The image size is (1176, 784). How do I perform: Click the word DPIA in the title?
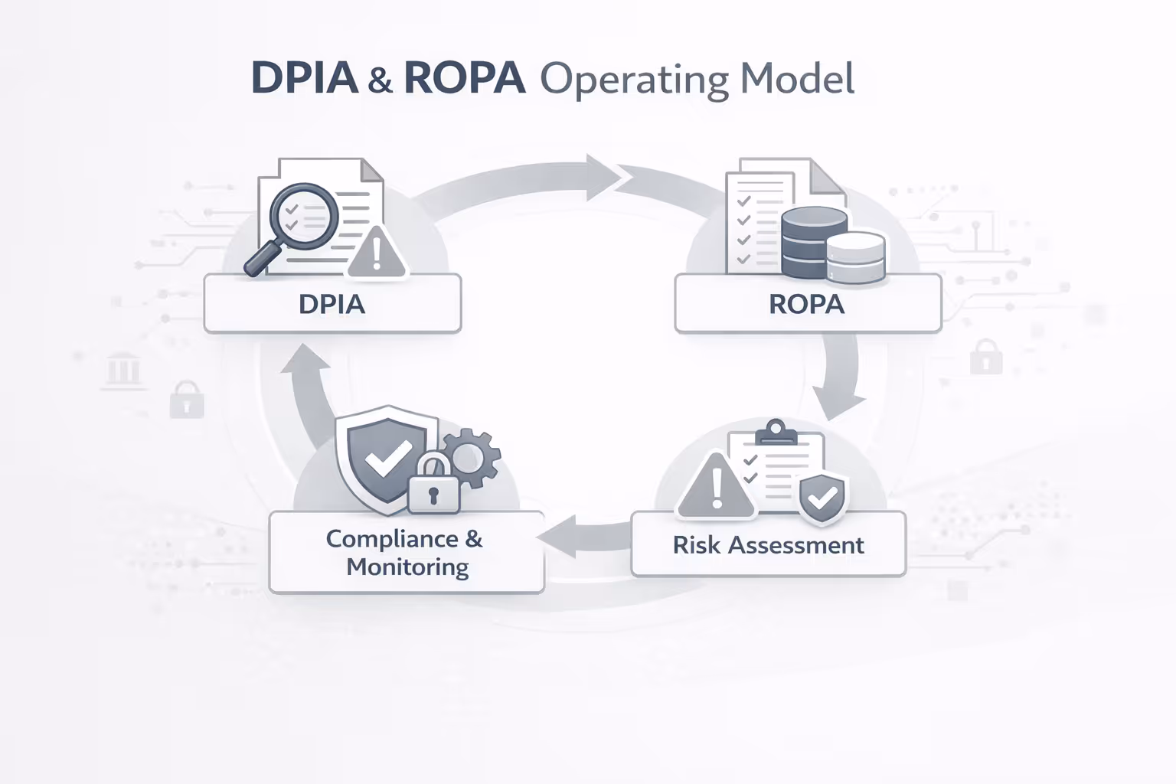304,78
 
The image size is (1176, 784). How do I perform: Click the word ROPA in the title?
464,78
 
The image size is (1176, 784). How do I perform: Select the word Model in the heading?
798,78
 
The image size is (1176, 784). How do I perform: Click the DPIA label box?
332,304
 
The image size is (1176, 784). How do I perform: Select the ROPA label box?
807,304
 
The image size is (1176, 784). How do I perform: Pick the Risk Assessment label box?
768,545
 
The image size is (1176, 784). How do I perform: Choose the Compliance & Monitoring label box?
407,553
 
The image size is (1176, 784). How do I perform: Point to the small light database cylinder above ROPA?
856,257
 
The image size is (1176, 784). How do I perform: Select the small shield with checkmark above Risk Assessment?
822,498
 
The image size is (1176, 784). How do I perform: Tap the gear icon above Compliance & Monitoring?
469,458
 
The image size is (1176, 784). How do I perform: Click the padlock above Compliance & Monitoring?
433,487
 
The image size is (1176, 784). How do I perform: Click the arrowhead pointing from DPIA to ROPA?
605,178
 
